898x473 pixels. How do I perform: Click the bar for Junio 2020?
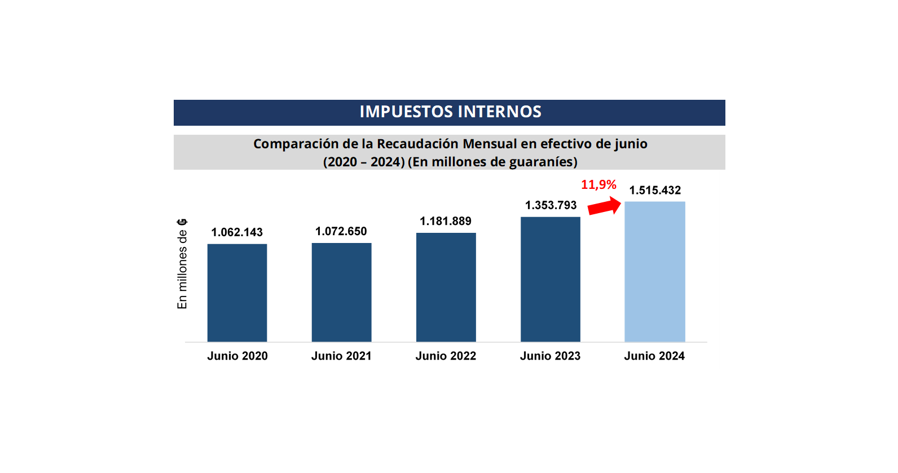(x=237, y=293)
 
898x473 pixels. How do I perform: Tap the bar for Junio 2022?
(x=446, y=287)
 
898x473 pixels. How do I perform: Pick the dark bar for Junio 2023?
(x=550, y=279)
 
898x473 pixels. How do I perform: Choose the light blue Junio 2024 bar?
(x=654, y=271)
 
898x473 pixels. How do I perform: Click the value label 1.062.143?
(x=237, y=232)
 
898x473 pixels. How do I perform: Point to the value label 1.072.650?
(x=341, y=231)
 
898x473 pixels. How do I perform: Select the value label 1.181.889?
(x=445, y=221)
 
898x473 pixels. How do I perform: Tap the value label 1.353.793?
(x=551, y=205)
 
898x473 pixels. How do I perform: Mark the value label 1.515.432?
(x=655, y=190)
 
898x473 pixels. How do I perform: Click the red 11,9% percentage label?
(x=598, y=184)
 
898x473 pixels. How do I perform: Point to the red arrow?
(x=604, y=206)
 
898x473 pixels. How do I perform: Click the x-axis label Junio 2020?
(x=237, y=356)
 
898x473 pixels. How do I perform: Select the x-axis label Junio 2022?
(x=446, y=356)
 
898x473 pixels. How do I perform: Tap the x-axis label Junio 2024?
(x=654, y=356)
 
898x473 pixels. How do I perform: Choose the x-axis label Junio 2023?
(x=550, y=356)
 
